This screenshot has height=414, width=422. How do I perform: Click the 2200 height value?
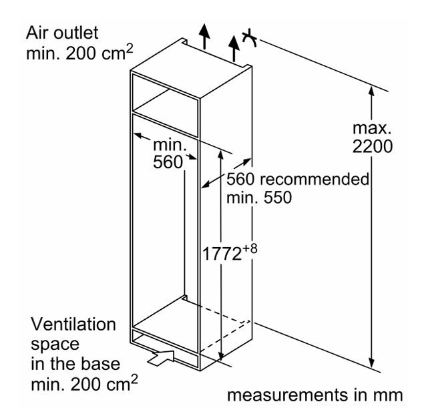(x=373, y=146)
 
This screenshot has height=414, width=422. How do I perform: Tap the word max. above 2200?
(x=372, y=128)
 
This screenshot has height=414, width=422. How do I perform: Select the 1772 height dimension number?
(x=222, y=254)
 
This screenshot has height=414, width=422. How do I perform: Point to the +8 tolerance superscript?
(x=250, y=248)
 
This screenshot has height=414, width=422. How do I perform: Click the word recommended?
(x=314, y=179)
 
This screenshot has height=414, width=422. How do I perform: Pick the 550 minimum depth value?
(x=278, y=197)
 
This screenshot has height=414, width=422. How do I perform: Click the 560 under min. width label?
(x=168, y=162)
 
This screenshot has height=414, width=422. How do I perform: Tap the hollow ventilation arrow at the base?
(x=161, y=358)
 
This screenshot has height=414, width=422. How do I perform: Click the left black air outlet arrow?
(x=205, y=36)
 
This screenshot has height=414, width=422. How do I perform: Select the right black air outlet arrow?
(x=234, y=48)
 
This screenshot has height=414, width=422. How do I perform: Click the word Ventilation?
(x=73, y=324)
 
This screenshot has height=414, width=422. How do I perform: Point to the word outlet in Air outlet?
(x=76, y=33)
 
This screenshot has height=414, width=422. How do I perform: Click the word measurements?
(x=288, y=395)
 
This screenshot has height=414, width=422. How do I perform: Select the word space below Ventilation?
(x=55, y=345)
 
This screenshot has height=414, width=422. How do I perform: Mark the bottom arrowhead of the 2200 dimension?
(x=372, y=363)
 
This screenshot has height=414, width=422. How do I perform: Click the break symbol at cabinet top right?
(x=250, y=37)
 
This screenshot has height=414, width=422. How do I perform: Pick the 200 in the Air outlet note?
(x=81, y=53)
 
